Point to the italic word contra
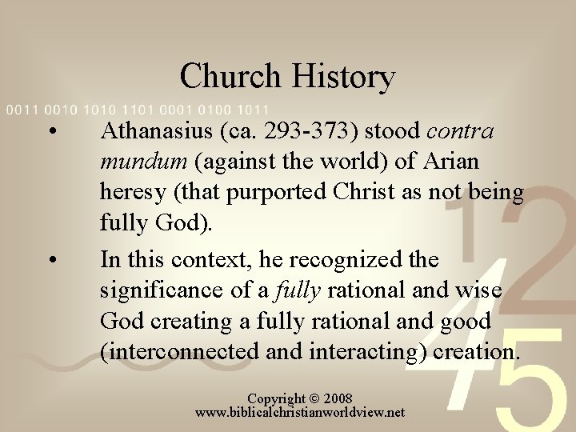point(462,131)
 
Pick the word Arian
point(450,162)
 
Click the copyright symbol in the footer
point(314,398)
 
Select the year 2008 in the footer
point(337,398)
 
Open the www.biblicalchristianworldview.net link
point(300,413)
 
